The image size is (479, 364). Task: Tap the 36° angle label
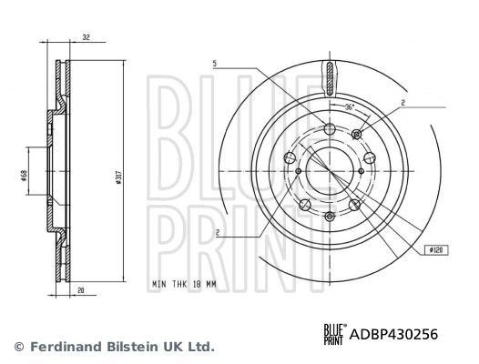350,107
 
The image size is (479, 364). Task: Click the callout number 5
215,62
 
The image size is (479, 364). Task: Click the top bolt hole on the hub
330,129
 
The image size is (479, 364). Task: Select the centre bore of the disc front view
330,171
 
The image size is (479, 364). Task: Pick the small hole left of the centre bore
298,171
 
